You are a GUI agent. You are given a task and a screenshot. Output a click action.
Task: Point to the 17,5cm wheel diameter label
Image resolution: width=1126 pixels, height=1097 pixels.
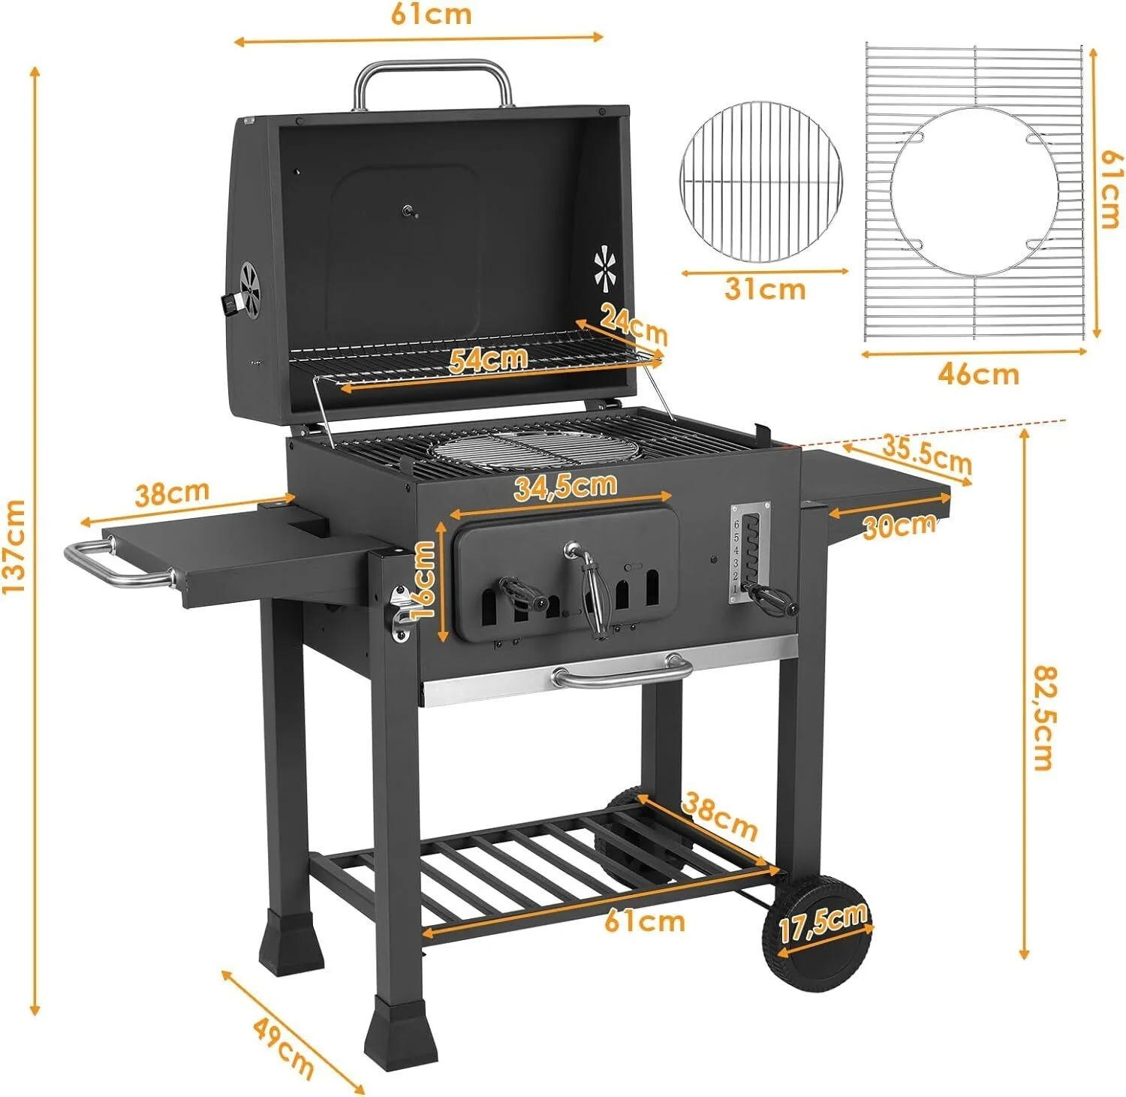[x=823, y=923]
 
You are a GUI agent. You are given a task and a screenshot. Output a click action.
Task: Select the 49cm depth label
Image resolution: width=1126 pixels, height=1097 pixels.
[x=283, y=1046]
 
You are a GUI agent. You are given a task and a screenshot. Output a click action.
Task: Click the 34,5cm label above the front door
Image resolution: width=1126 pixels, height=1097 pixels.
[x=565, y=487]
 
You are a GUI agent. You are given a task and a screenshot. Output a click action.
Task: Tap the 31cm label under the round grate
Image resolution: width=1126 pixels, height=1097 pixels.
[x=765, y=289]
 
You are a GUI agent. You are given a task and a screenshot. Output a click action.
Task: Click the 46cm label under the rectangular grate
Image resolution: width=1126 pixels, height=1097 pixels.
[x=978, y=373]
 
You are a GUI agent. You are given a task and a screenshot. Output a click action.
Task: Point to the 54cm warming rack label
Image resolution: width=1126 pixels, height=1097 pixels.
[x=488, y=360]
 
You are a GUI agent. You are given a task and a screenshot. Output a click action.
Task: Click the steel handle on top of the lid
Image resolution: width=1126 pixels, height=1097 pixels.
[x=433, y=74]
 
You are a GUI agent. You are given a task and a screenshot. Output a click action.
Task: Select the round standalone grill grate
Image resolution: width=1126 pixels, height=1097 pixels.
[x=761, y=182]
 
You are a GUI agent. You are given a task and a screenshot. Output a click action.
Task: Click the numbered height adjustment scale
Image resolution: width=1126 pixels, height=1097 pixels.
[x=737, y=551]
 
